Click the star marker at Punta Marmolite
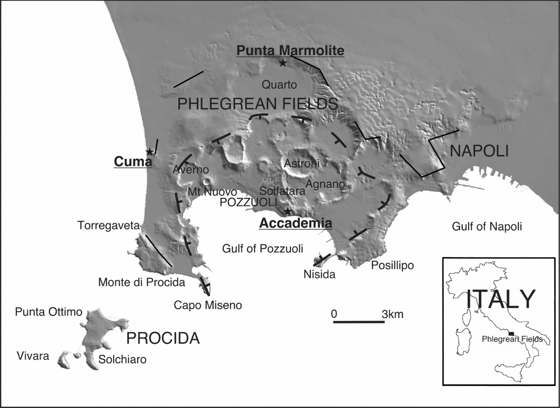coord(283,63)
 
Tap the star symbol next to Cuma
coord(149,152)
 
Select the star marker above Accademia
coord(288,211)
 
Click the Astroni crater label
coord(301,163)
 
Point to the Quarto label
coord(279,85)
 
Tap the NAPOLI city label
coord(479,151)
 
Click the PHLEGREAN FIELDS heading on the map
coord(258,104)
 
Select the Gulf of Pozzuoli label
coord(262,248)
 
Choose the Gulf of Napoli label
coord(487,227)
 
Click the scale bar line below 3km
coord(359,322)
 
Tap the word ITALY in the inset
coord(501,299)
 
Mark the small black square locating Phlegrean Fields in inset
coord(512,333)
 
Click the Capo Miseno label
coord(208,305)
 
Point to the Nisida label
coord(319,275)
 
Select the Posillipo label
coord(392,265)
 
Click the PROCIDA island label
coord(163,338)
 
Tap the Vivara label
coord(33,356)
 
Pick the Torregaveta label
coord(108,226)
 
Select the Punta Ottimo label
coord(48,312)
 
